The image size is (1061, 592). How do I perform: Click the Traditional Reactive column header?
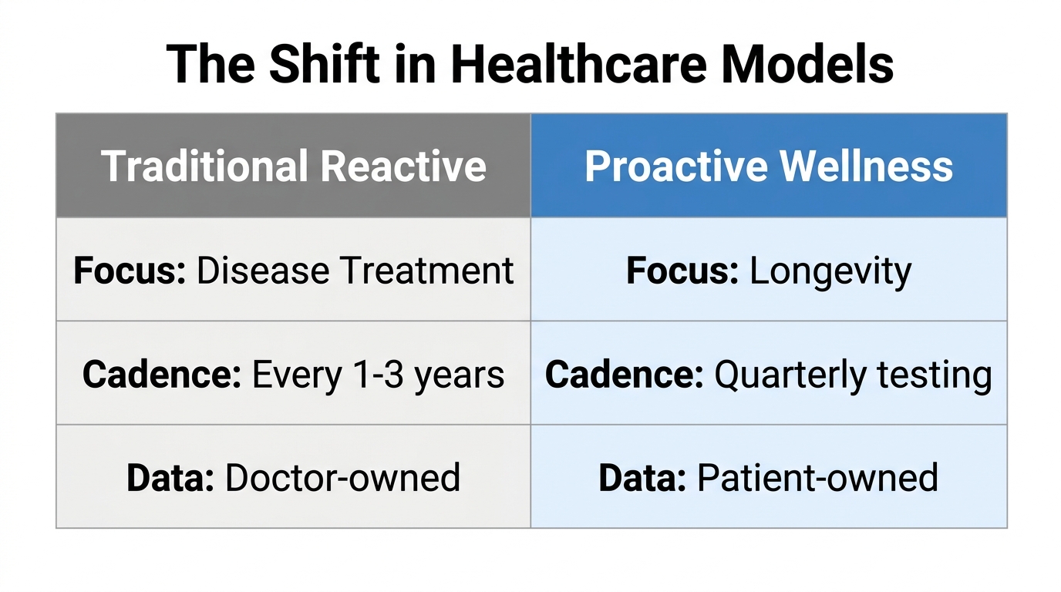[x=294, y=166]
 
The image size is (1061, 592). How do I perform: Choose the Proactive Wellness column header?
[x=769, y=166]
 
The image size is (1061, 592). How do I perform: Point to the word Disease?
[x=263, y=271]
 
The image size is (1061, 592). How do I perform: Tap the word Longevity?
[x=830, y=271]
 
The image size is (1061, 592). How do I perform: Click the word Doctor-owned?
[x=343, y=478]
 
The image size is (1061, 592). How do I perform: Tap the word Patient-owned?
[x=817, y=478]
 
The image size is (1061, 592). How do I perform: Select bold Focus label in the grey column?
[x=130, y=271]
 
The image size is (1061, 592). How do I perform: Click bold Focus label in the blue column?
[x=682, y=271]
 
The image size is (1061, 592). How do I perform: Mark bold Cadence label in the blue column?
[x=624, y=375]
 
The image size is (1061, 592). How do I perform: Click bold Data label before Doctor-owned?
[x=170, y=478]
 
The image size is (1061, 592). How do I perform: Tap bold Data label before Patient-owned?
[x=642, y=478]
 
